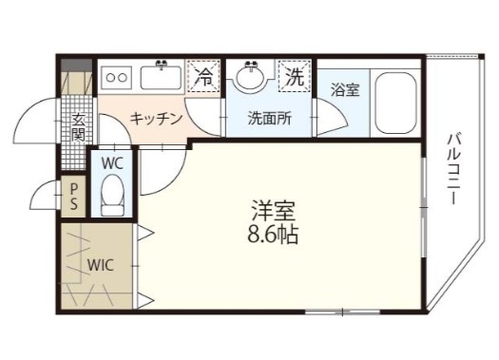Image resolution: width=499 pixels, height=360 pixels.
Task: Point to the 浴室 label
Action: point(344,91)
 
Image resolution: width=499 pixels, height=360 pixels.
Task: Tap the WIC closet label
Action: point(101,265)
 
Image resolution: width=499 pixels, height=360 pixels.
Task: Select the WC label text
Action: point(112,161)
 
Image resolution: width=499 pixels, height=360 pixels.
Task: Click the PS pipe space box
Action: point(74,197)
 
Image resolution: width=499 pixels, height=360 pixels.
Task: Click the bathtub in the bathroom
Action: point(396,101)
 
